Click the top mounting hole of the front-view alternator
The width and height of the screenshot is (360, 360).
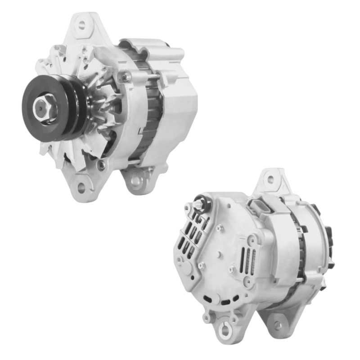pyautogui.click(x=82, y=24)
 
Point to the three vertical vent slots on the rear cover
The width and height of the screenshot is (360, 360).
pyautogui.click(x=247, y=260)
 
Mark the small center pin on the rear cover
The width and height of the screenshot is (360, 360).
pyautogui.click(x=218, y=255)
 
